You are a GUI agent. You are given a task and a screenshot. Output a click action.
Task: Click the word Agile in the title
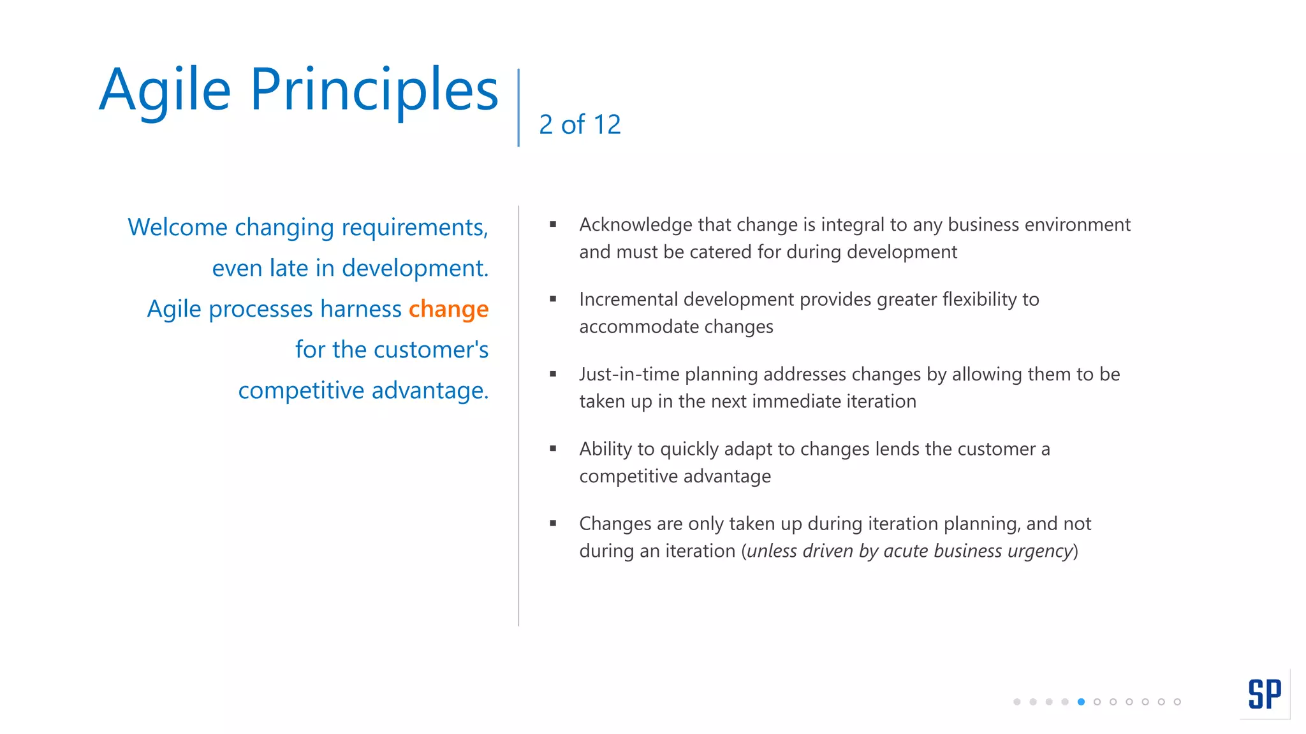tap(165, 91)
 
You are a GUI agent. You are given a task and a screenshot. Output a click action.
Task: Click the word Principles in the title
tap(374, 91)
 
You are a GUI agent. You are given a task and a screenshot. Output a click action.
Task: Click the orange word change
tap(448, 309)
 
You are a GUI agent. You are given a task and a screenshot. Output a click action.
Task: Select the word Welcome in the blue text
tap(177, 227)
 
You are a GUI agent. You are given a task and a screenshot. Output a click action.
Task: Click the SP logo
tap(1265, 694)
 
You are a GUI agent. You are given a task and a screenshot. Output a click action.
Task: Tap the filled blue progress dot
tap(1081, 702)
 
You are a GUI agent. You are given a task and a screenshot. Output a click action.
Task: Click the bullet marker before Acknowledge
tap(553, 224)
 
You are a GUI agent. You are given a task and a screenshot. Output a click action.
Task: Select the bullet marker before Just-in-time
tap(553, 374)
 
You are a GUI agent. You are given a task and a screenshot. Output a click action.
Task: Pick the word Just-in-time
tap(629, 375)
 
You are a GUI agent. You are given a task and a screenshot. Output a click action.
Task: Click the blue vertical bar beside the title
tap(518, 108)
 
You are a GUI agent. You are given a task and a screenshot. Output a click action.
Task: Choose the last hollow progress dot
tap(1177, 702)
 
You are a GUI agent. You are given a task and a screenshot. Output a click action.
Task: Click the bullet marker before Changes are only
tap(553, 523)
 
